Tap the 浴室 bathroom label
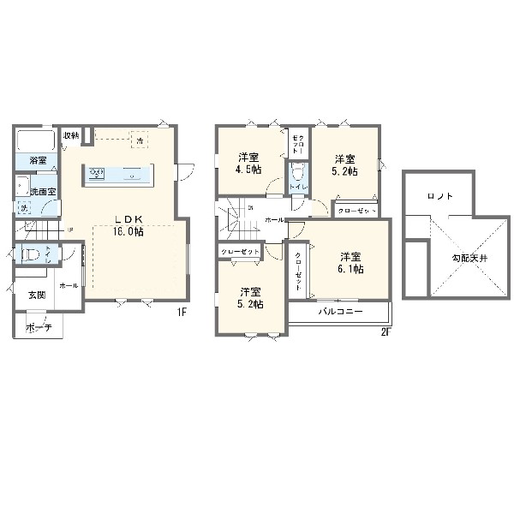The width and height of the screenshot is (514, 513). point(39,160)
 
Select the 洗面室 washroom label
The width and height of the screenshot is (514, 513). point(43,191)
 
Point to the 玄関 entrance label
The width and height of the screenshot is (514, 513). point(37,295)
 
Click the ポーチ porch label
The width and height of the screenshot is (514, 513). point(37,327)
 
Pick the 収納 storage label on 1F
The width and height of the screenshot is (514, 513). point(70,135)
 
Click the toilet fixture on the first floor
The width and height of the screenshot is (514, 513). point(30,254)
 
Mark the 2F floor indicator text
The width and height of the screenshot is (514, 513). point(385,333)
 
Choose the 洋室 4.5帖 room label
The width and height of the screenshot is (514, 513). point(250,163)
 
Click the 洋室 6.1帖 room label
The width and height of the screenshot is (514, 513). point(350,262)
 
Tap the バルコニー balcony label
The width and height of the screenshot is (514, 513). point(341,312)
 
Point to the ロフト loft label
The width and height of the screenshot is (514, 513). point(440,196)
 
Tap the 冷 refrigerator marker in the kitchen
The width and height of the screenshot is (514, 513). point(138,139)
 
